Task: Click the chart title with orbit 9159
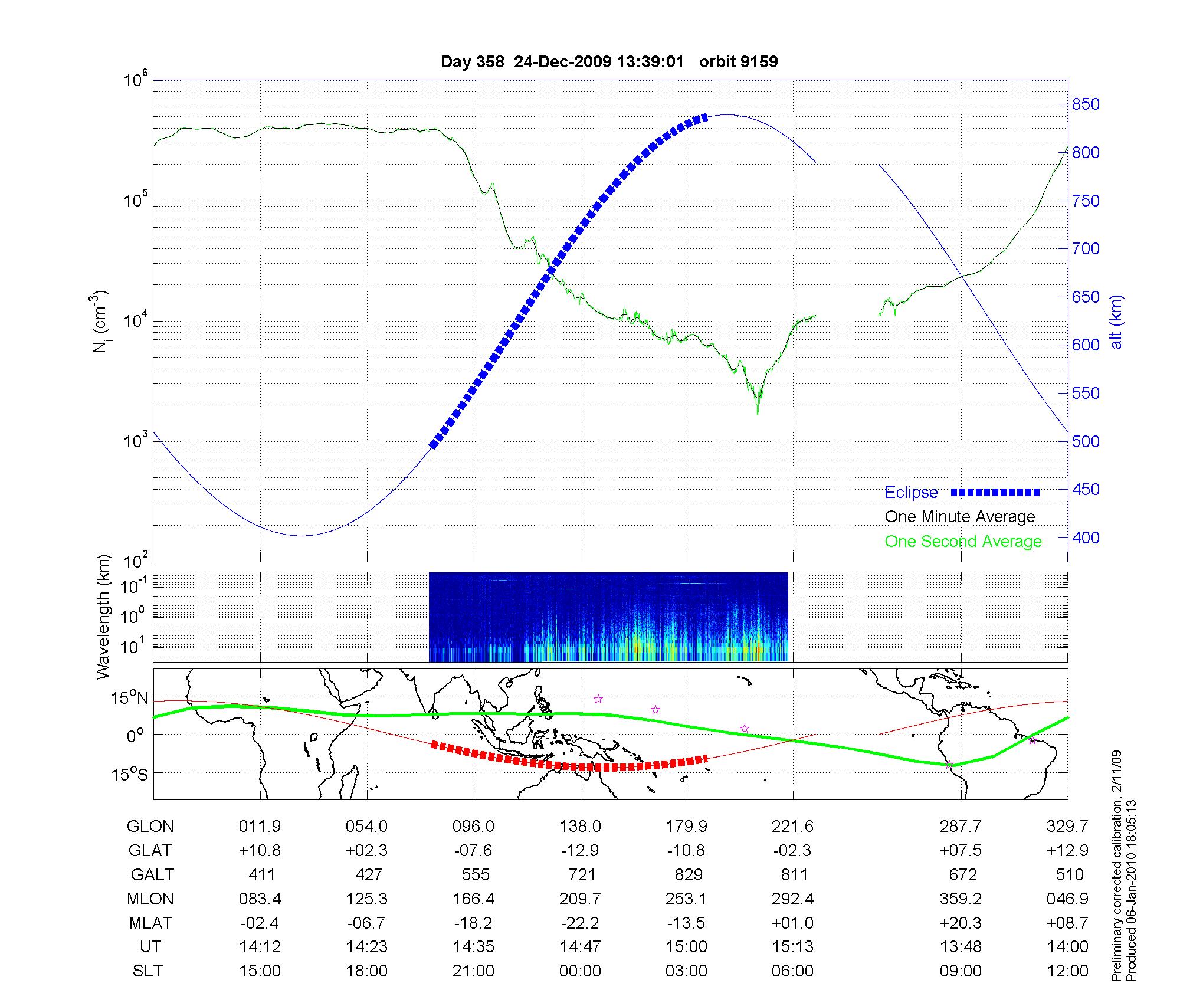609,62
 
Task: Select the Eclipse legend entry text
911,493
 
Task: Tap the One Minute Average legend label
960,517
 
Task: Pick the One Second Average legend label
963,542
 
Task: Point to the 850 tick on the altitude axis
1086,104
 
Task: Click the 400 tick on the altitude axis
1086,537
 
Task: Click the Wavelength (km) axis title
104,617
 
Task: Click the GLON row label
150,827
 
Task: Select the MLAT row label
150,923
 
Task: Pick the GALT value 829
688,874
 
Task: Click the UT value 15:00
687,947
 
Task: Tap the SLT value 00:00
580,971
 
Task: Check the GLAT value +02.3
367,851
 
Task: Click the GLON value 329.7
1067,827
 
